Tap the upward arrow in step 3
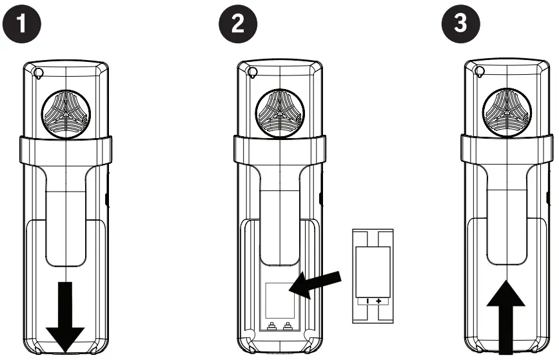pyautogui.click(x=505, y=316)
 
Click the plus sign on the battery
pyautogui.click(x=378, y=301)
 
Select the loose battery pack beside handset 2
pyautogui.click(x=372, y=274)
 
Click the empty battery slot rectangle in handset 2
pyautogui.click(x=279, y=297)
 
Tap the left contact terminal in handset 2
pyautogui.click(x=271, y=325)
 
